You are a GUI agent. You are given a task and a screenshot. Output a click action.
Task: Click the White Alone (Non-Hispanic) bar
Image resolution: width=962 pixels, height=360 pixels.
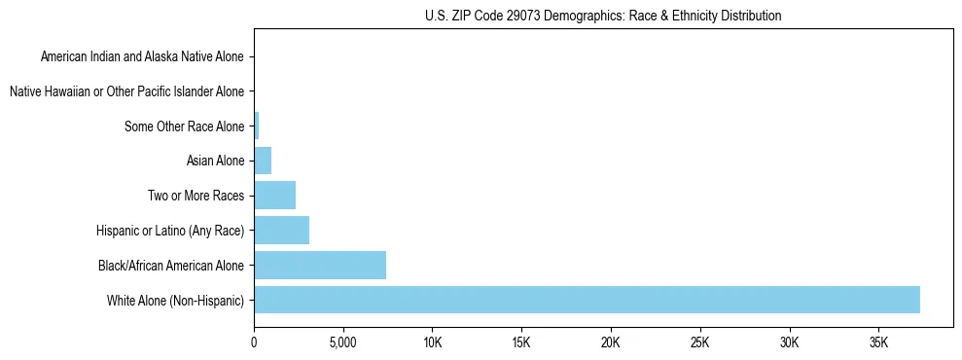pyautogui.click(x=587, y=300)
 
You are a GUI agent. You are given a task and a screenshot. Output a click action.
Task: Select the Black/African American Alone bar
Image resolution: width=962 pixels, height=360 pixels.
pyautogui.click(x=320, y=265)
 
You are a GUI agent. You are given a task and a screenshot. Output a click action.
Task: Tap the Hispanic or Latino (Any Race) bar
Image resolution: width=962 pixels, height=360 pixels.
pyautogui.click(x=281, y=230)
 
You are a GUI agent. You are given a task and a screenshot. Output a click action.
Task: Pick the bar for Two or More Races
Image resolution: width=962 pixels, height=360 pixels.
pyautogui.click(x=274, y=195)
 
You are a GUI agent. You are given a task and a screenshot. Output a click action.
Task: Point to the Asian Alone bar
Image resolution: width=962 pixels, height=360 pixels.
pyautogui.click(x=263, y=161)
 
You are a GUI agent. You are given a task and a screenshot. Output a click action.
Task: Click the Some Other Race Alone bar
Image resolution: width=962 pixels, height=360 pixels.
pyautogui.click(x=257, y=126)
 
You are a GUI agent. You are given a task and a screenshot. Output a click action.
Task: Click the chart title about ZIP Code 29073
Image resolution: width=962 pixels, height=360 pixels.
pyautogui.click(x=603, y=17)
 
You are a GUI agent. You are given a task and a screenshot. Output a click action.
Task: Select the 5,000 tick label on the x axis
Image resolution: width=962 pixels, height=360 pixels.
pyautogui.click(x=343, y=343)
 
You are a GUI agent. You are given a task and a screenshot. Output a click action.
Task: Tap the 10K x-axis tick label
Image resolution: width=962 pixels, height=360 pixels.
pyautogui.click(x=433, y=343)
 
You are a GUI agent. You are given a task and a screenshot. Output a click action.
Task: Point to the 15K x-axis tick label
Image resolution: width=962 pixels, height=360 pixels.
pyautogui.click(x=521, y=343)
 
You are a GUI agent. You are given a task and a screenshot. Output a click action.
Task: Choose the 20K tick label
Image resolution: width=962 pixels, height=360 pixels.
pyautogui.click(x=611, y=343)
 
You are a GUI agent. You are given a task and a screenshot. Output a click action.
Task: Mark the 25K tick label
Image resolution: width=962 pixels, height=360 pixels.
pyautogui.click(x=700, y=343)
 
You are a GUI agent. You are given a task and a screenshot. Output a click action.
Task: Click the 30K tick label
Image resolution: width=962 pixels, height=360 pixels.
pyautogui.click(x=789, y=343)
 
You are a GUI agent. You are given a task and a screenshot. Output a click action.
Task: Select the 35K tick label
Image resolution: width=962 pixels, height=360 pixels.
pyautogui.click(x=878, y=343)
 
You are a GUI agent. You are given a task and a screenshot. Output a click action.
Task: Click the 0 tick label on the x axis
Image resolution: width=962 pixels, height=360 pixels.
pyautogui.click(x=254, y=343)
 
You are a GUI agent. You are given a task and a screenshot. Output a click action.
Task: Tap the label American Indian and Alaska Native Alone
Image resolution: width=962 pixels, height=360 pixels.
pyautogui.click(x=143, y=56)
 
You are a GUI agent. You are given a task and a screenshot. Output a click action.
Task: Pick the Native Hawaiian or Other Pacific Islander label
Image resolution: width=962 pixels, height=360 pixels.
pyautogui.click(x=126, y=91)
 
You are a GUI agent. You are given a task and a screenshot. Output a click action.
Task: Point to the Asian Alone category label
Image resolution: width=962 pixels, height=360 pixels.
pyautogui.click(x=215, y=161)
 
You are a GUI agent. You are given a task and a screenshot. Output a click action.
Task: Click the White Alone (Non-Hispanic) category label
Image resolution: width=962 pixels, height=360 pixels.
pyautogui.click(x=176, y=300)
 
